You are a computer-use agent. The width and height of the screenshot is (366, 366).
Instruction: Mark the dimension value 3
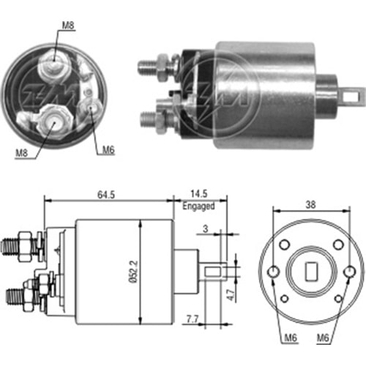[206, 229]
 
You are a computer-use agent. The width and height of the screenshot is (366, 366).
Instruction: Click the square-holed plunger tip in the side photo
[354, 94]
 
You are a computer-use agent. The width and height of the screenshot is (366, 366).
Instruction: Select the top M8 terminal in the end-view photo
[54, 66]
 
